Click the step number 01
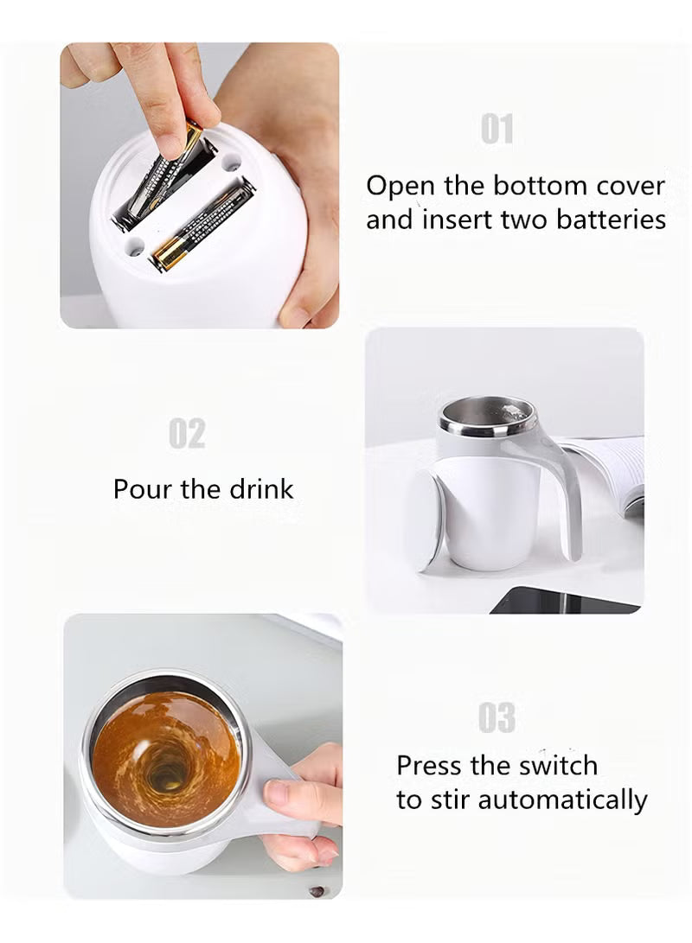click(x=497, y=130)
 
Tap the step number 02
click(x=187, y=434)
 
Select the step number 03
click(x=497, y=718)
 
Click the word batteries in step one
click(x=611, y=220)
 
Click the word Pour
click(x=144, y=489)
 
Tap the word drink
click(x=260, y=489)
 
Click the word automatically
click(x=562, y=800)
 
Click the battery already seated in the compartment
click(x=201, y=226)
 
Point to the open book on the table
click(x=610, y=471)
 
